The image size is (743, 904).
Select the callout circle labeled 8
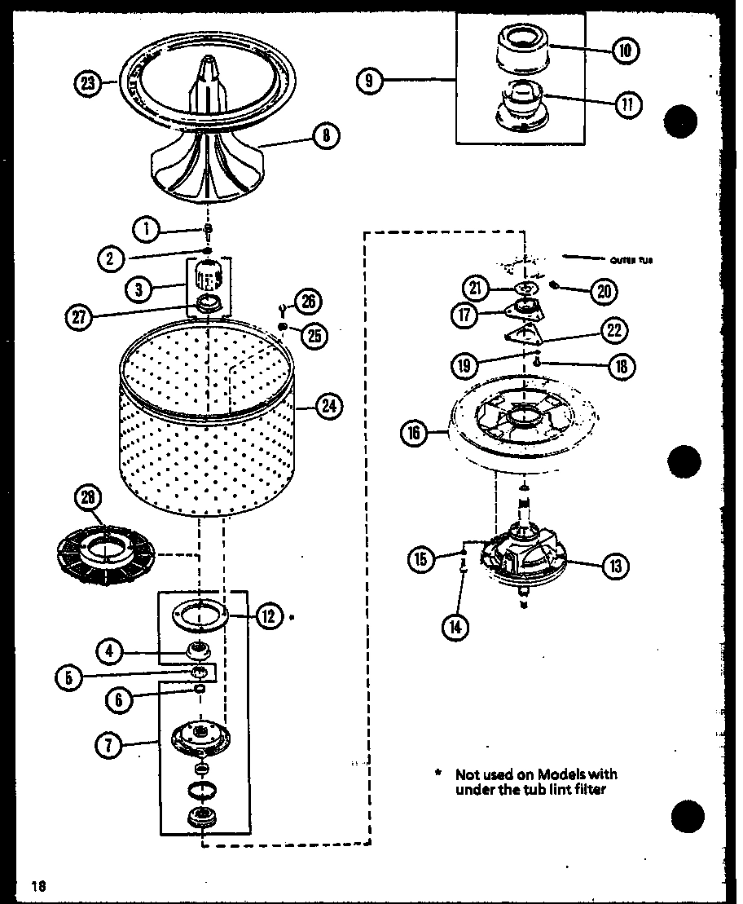[326, 136]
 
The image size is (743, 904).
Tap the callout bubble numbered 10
[625, 51]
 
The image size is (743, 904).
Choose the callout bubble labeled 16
[414, 434]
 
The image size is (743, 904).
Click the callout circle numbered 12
[269, 616]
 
